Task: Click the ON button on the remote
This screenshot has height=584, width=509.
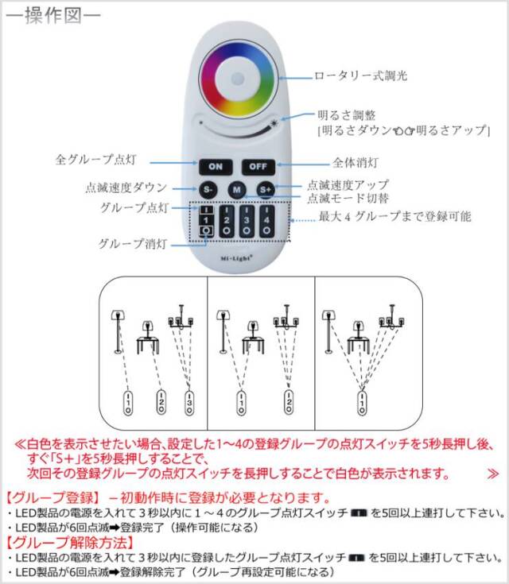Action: (216, 167)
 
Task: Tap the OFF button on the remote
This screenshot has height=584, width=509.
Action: (258, 167)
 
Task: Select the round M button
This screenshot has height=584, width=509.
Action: (237, 190)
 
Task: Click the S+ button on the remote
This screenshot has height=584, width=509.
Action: (266, 190)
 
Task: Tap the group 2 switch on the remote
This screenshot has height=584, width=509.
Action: (227, 221)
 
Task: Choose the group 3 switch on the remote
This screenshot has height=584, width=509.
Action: (247, 221)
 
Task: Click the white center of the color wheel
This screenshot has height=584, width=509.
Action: (237, 79)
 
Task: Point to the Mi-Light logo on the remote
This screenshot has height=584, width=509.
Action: (236, 257)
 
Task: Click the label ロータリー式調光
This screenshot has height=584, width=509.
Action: (360, 76)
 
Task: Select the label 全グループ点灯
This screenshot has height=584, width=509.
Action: (95, 160)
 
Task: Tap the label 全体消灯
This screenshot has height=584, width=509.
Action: (355, 162)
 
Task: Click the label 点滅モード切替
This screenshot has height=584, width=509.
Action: (348, 198)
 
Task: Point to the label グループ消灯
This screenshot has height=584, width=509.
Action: (132, 244)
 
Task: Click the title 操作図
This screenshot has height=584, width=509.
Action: (53, 16)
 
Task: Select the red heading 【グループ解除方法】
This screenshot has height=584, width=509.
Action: (71, 542)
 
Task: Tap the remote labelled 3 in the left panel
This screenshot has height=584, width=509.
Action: (189, 403)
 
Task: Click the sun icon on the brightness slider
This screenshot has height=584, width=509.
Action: (274, 123)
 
